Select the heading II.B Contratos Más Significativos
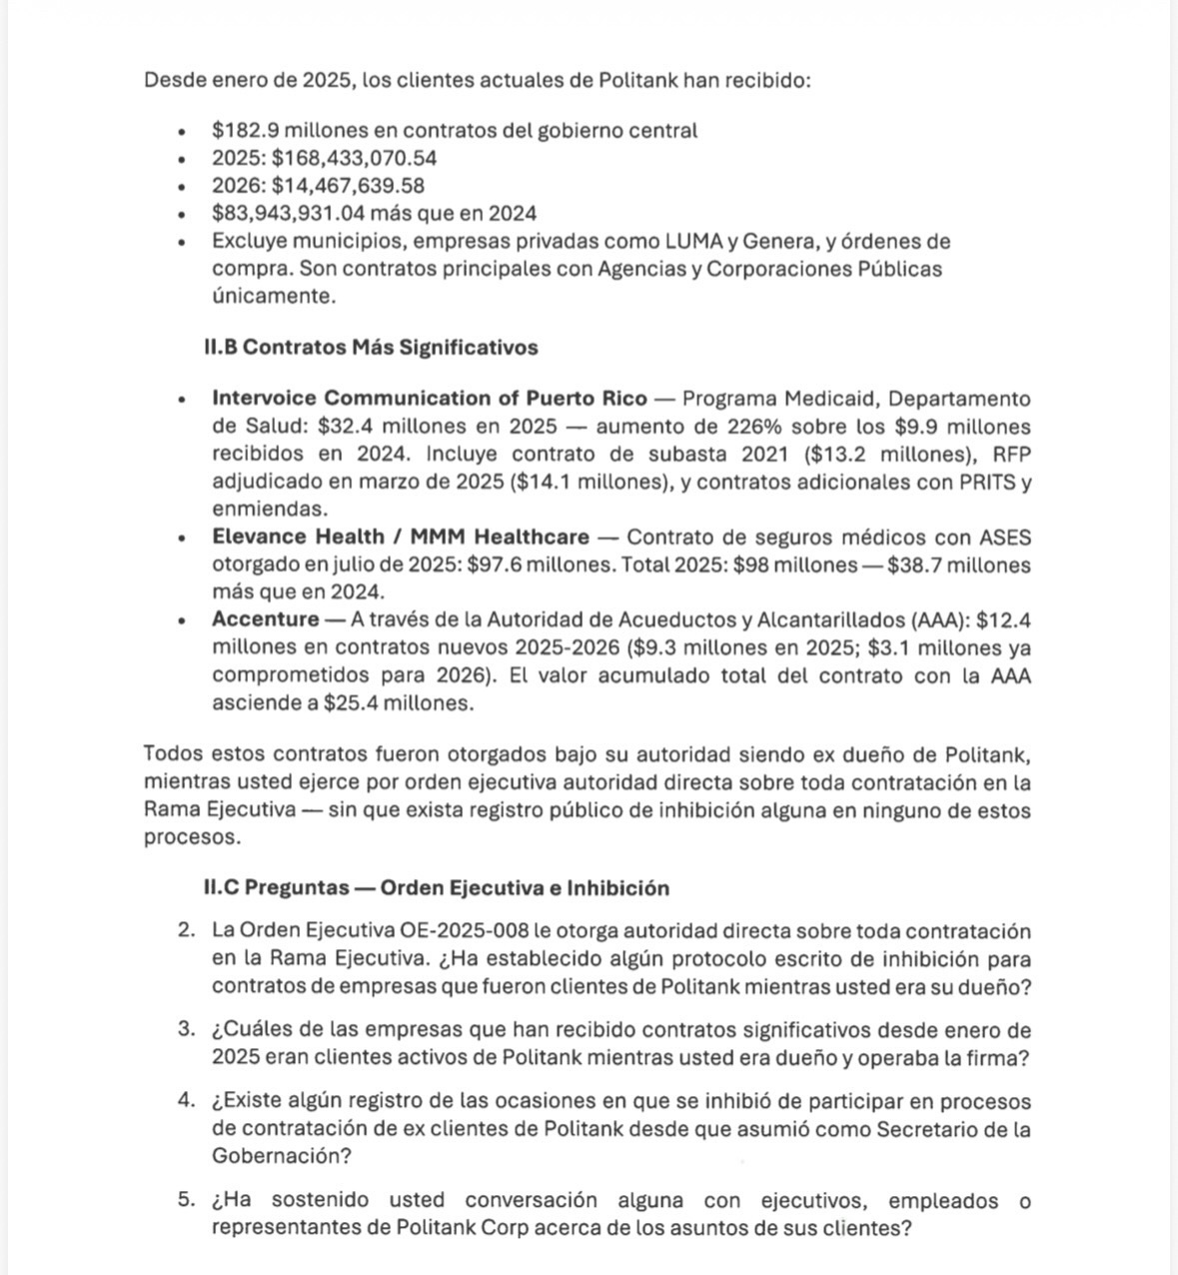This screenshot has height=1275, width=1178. click(x=371, y=348)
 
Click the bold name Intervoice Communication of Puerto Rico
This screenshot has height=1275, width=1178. click(x=429, y=399)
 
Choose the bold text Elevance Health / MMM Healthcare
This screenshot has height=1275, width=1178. click(x=400, y=538)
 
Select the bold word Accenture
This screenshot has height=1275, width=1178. click(x=265, y=621)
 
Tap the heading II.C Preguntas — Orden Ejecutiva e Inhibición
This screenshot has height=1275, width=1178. click(x=437, y=888)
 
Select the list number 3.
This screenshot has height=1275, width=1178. click(x=186, y=1030)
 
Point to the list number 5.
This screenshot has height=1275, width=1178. click(x=186, y=1201)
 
